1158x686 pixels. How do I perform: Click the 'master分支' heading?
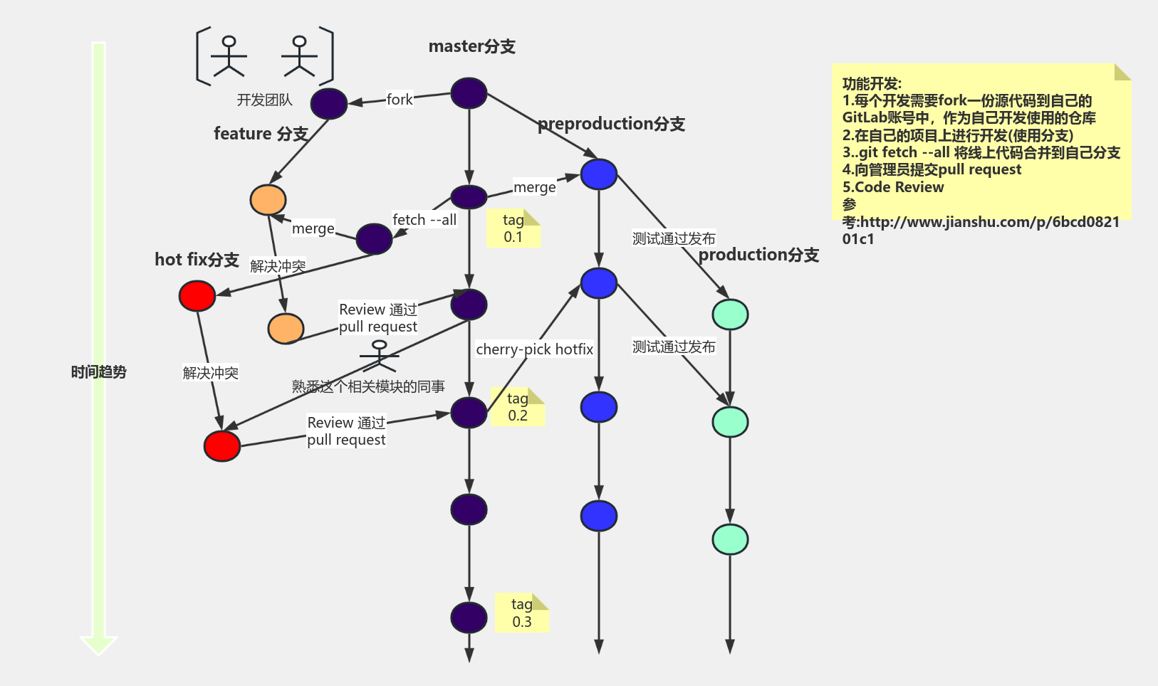click(x=471, y=47)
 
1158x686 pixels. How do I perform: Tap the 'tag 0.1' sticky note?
click(x=513, y=228)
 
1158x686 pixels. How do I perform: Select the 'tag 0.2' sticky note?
click(x=518, y=407)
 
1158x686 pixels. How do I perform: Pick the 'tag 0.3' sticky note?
click(x=521, y=613)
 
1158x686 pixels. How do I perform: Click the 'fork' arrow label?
click(x=399, y=100)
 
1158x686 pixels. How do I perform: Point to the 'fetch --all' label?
click(x=424, y=220)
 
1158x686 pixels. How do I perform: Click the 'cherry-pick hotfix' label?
click(x=534, y=349)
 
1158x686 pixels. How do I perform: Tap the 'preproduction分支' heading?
click(x=611, y=124)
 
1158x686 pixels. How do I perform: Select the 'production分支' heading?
click(x=758, y=255)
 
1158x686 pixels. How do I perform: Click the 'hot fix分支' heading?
click(x=197, y=260)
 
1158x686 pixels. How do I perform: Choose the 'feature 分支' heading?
click(x=261, y=134)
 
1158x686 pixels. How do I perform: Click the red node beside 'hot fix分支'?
click(x=197, y=296)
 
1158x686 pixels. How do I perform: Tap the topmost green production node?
click(x=730, y=315)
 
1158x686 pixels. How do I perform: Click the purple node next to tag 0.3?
click(x=469, y=618)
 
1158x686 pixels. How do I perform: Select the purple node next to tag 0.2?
click(x=469, y=413)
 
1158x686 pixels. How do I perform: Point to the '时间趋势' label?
click(x=98, y=372)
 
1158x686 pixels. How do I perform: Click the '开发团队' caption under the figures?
click(x=264, y=100)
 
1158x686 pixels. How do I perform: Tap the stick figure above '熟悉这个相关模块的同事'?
click(x=379, y=357)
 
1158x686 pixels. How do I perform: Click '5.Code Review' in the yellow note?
click(x=893, y=187)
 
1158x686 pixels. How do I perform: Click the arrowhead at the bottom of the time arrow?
click(x=98, y=644)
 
